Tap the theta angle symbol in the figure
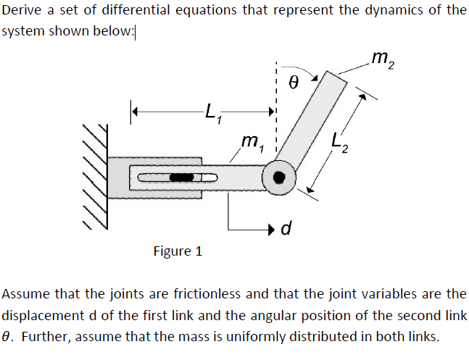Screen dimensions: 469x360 pyautogui.click(x=294, y=82)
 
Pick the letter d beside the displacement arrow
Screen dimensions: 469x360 pyautogui.click(x=286, y=228)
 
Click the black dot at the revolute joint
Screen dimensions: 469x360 pyautogui.click(x=279, y=177)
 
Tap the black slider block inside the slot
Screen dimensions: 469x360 pyautogui.click(x=181, y=177)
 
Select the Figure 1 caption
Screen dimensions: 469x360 pyautogui.click(x=178, y=251)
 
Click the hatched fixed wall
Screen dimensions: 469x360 pyautogui.click(x=95, y=177)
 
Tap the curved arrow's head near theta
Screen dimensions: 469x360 pyautogui.click(x=315, y=78)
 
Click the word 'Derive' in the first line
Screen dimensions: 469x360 pyautogui.click(x=22, y=10)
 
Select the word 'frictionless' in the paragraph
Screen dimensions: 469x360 pyautogui.click(x=207, y=294)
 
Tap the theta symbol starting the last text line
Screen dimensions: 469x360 pyautogui.click(x=6, y=337)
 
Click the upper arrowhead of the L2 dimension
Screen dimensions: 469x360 pyautogui.click(x=362, y=97)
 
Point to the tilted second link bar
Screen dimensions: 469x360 pyautogui.click(x=311, y=120)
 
